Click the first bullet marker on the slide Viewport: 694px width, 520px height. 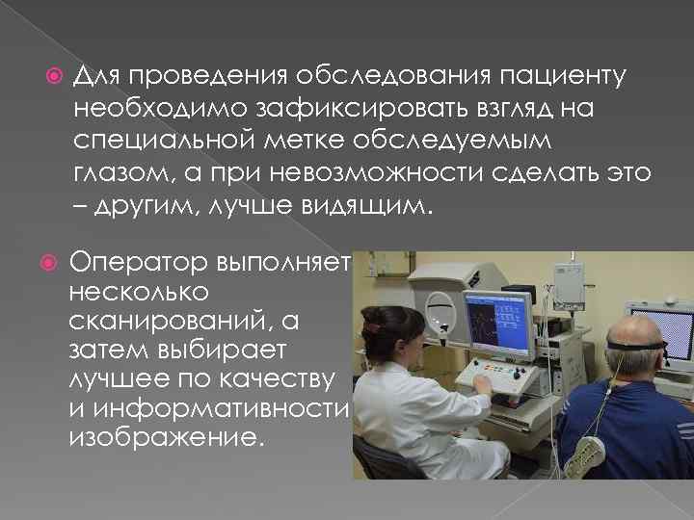coord(54,74)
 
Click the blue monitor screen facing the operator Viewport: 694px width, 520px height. coord(495,325)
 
